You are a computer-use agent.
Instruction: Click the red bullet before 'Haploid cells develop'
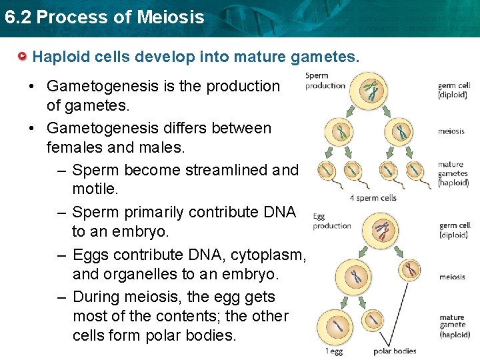[x=23, y=57]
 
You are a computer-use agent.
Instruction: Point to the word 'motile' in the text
[x=94, y=190]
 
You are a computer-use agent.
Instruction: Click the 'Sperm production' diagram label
[x=325, y=81]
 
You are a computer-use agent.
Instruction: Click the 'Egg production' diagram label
[x=331, y=221]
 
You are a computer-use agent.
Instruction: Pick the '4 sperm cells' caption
[x=373, y=197]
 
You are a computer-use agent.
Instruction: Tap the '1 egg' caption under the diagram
[x=333, y=351]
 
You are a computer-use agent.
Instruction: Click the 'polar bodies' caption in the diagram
[x=395, y=351]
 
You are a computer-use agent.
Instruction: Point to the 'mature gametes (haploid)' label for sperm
[x=453, y=173]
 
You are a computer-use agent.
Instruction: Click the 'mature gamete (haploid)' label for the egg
[x=455, y=326]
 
